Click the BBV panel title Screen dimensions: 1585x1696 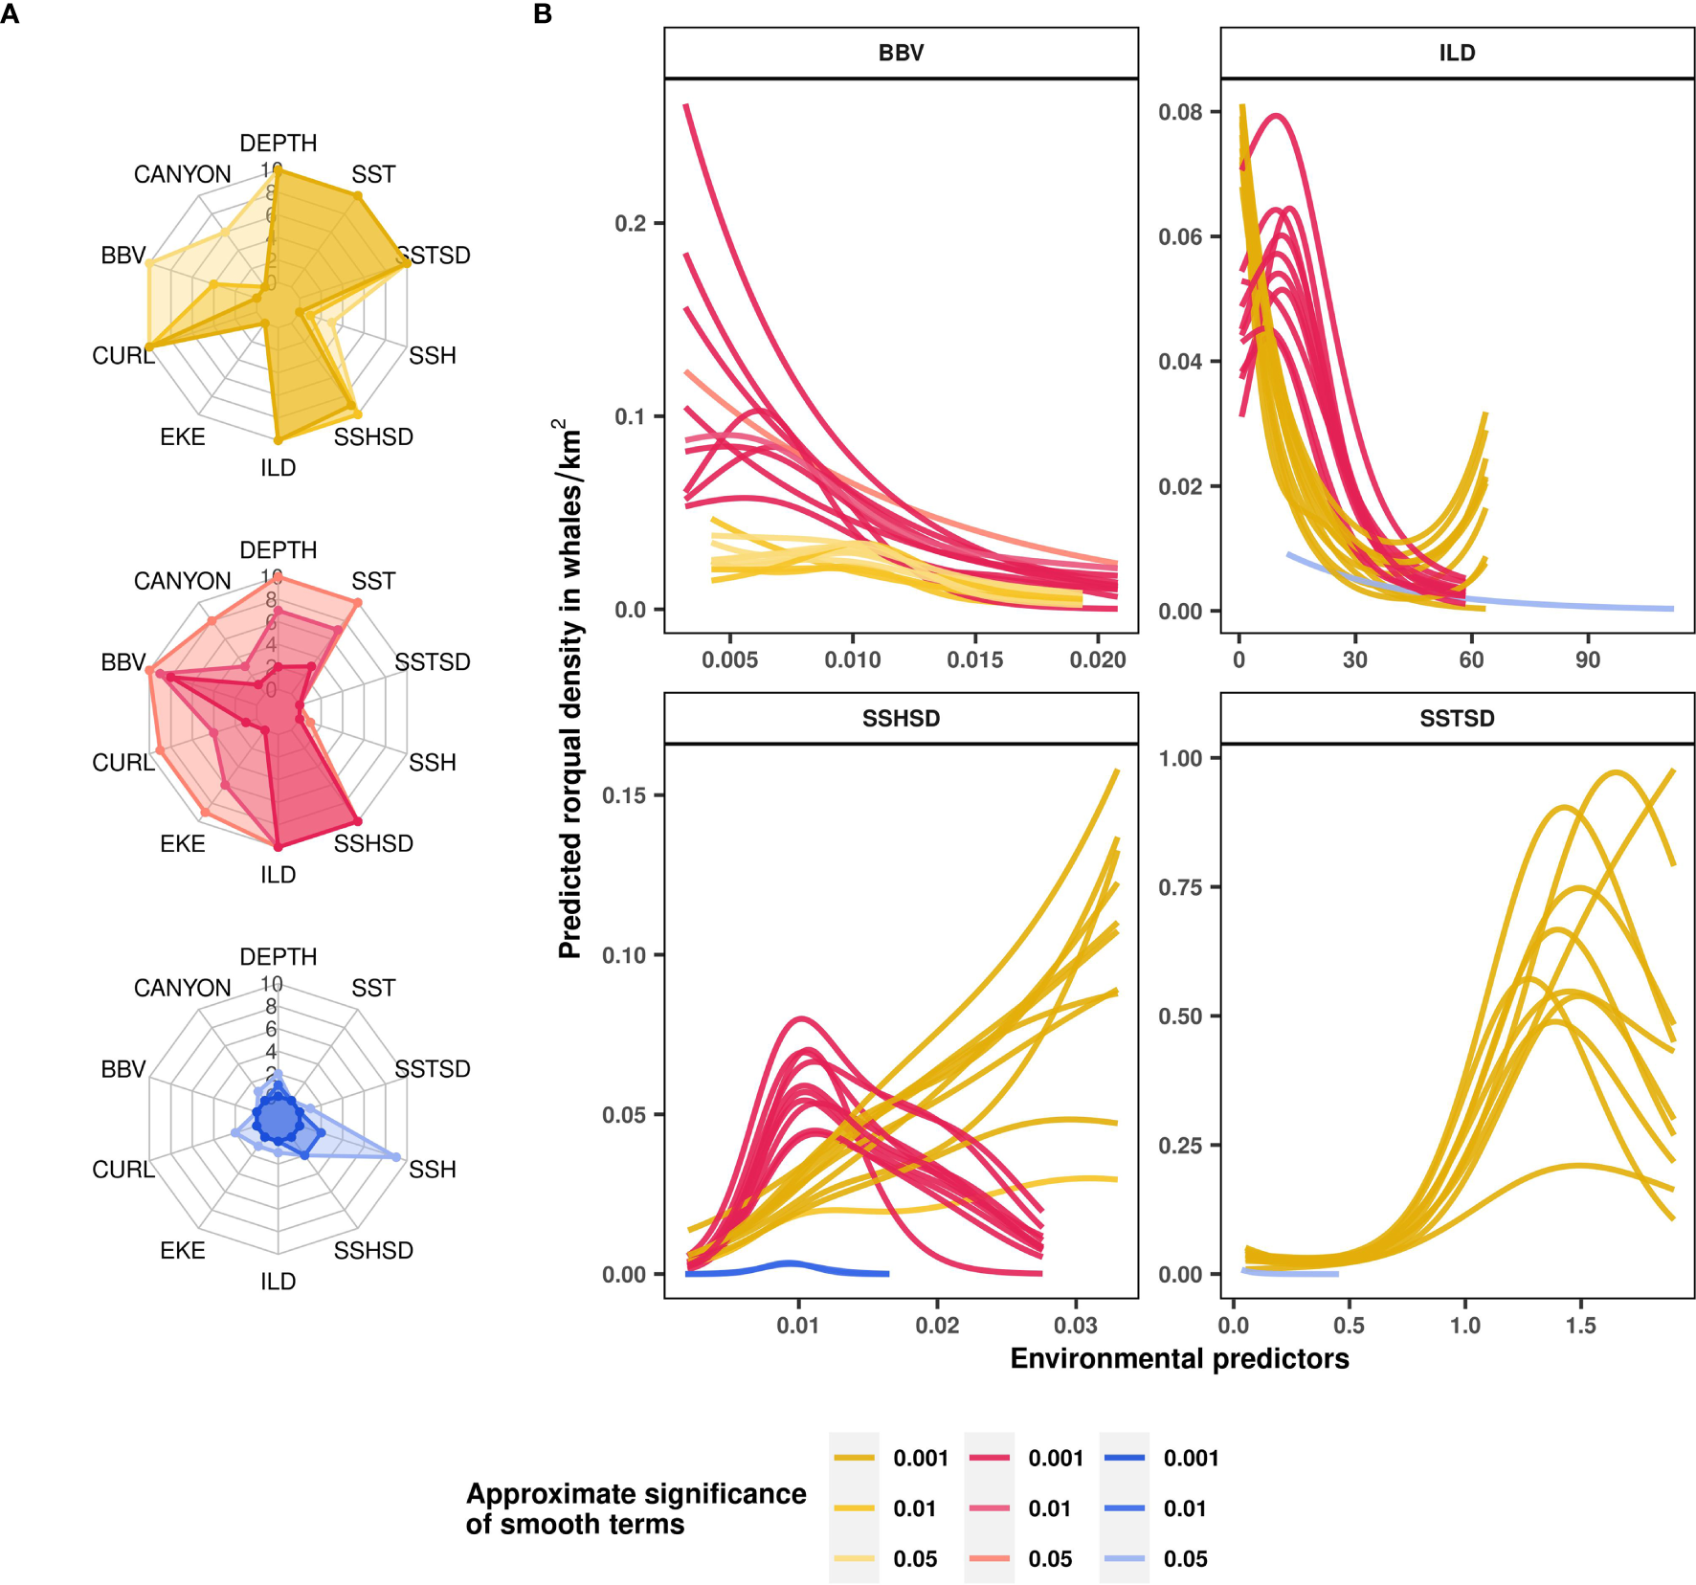click(x=901, y=53)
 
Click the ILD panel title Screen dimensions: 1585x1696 click(x=1457, y=53)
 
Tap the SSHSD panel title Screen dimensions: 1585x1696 click(x=901, y=718)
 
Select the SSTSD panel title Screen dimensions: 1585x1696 click(x=1457, y=718)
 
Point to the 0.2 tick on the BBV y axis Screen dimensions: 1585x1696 click(x=630, y=223)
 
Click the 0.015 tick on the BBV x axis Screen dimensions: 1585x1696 click(x=975, y=659)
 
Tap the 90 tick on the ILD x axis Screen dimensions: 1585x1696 click(x=1587, y=659)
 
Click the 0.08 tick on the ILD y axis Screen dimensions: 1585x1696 click(x=1180, y=112)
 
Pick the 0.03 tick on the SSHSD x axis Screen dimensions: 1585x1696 click(x=1076, y=1325)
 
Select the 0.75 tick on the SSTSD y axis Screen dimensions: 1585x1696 click(x=1180, y=887)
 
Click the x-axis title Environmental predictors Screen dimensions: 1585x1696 click(x=1179, y=1359)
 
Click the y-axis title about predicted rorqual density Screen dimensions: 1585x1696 click(x=570, y=689)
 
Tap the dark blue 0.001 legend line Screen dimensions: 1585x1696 click(x=1124, y=1458)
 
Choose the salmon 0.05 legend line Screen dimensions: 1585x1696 click(x=989, y=1559)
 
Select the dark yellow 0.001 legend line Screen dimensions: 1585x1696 click(x=854, y=1458)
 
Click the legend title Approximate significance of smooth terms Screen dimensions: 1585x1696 click(x=636, y=1508)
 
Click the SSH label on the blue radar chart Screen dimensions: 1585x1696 click(x=432, y=1170)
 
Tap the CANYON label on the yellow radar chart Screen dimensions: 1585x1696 click(x=182, y=174)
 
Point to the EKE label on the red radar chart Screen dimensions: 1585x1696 click(x=182, y=843)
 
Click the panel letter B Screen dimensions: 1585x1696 click(x=543, y=14)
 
